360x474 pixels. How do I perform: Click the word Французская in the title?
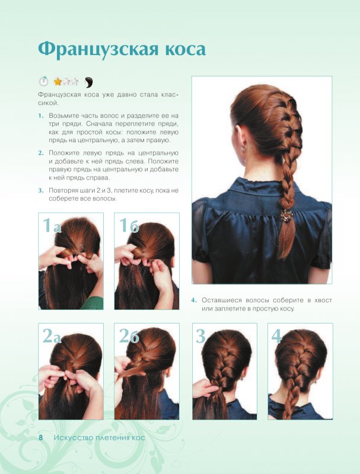pyautogui.click(x=98, y=49)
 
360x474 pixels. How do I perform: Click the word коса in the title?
pyautogui.click(x=185, y=50)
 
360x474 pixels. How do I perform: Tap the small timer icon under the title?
pyautogui.click(x=43, y=81)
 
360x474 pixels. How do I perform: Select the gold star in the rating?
pyautogui.click(x=58, y=81)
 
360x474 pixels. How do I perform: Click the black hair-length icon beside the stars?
pyautogui.click(x=88, y=82)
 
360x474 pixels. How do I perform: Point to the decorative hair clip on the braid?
pyautogui.click(x=286, y=216)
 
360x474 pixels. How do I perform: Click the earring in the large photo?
pyautogui.click(x=243, y=149)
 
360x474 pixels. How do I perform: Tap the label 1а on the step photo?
pyautogui.click(x=52, y=226)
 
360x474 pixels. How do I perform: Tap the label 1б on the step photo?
pyautogui.click(x=129, y=226)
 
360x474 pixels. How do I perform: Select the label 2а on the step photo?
pyautogui.click(x=52, y=335)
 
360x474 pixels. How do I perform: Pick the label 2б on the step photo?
pyautogui.click(x=129, y=335)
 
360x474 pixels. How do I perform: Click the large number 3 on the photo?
pyautogui.click(x=200, y=336)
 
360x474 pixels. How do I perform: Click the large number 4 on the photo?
pyautogui.click(x=276, y=336)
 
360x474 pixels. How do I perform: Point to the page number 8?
pyautogui.click(x=41, y=437)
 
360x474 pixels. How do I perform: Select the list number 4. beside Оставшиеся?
pyautogui.click(x=193, y=300)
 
